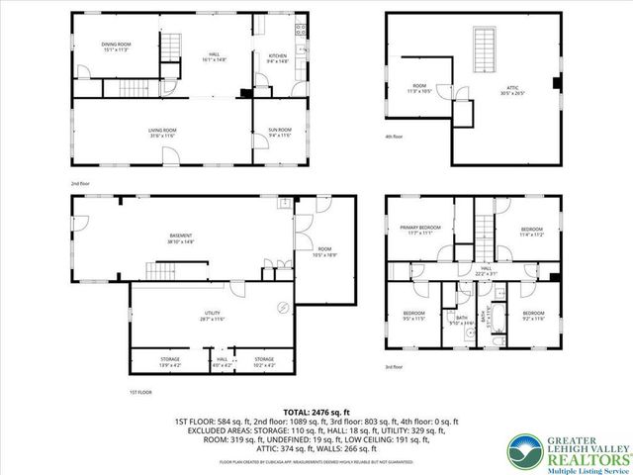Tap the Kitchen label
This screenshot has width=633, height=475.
(x=278, y=58)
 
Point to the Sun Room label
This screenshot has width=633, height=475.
(x=279, y=132)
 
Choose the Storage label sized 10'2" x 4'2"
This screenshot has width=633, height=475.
(x=264, y=361)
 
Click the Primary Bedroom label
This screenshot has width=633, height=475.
(x=420, y=231)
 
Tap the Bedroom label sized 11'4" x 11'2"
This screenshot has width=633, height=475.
(x=532, y=232)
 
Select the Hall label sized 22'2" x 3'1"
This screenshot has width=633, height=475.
(x=486, y=270)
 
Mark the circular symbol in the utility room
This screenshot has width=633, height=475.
(x=283, y=307)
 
